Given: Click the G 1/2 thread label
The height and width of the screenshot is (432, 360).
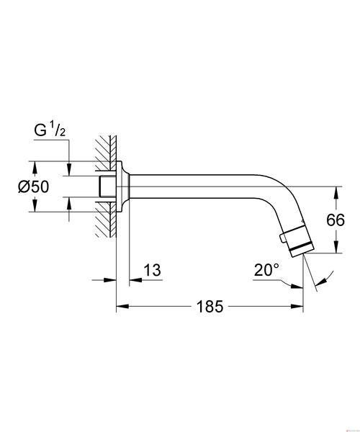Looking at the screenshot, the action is [50, 130].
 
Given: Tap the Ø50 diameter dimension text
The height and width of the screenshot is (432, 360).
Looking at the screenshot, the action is [34, 186].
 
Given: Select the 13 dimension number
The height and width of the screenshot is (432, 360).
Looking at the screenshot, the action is [153, 270].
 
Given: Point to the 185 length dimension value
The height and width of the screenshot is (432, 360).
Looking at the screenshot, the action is [210, 307].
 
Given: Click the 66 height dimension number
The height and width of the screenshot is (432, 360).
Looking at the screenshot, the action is [336, 220].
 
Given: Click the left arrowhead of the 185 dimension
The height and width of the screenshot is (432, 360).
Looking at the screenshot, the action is [122, 307].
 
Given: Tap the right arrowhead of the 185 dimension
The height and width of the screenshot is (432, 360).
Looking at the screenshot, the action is [297, 307].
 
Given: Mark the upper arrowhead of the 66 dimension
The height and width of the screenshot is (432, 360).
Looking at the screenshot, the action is [336, 193].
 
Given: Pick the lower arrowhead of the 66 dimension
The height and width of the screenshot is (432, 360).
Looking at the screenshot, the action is [336, 246].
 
